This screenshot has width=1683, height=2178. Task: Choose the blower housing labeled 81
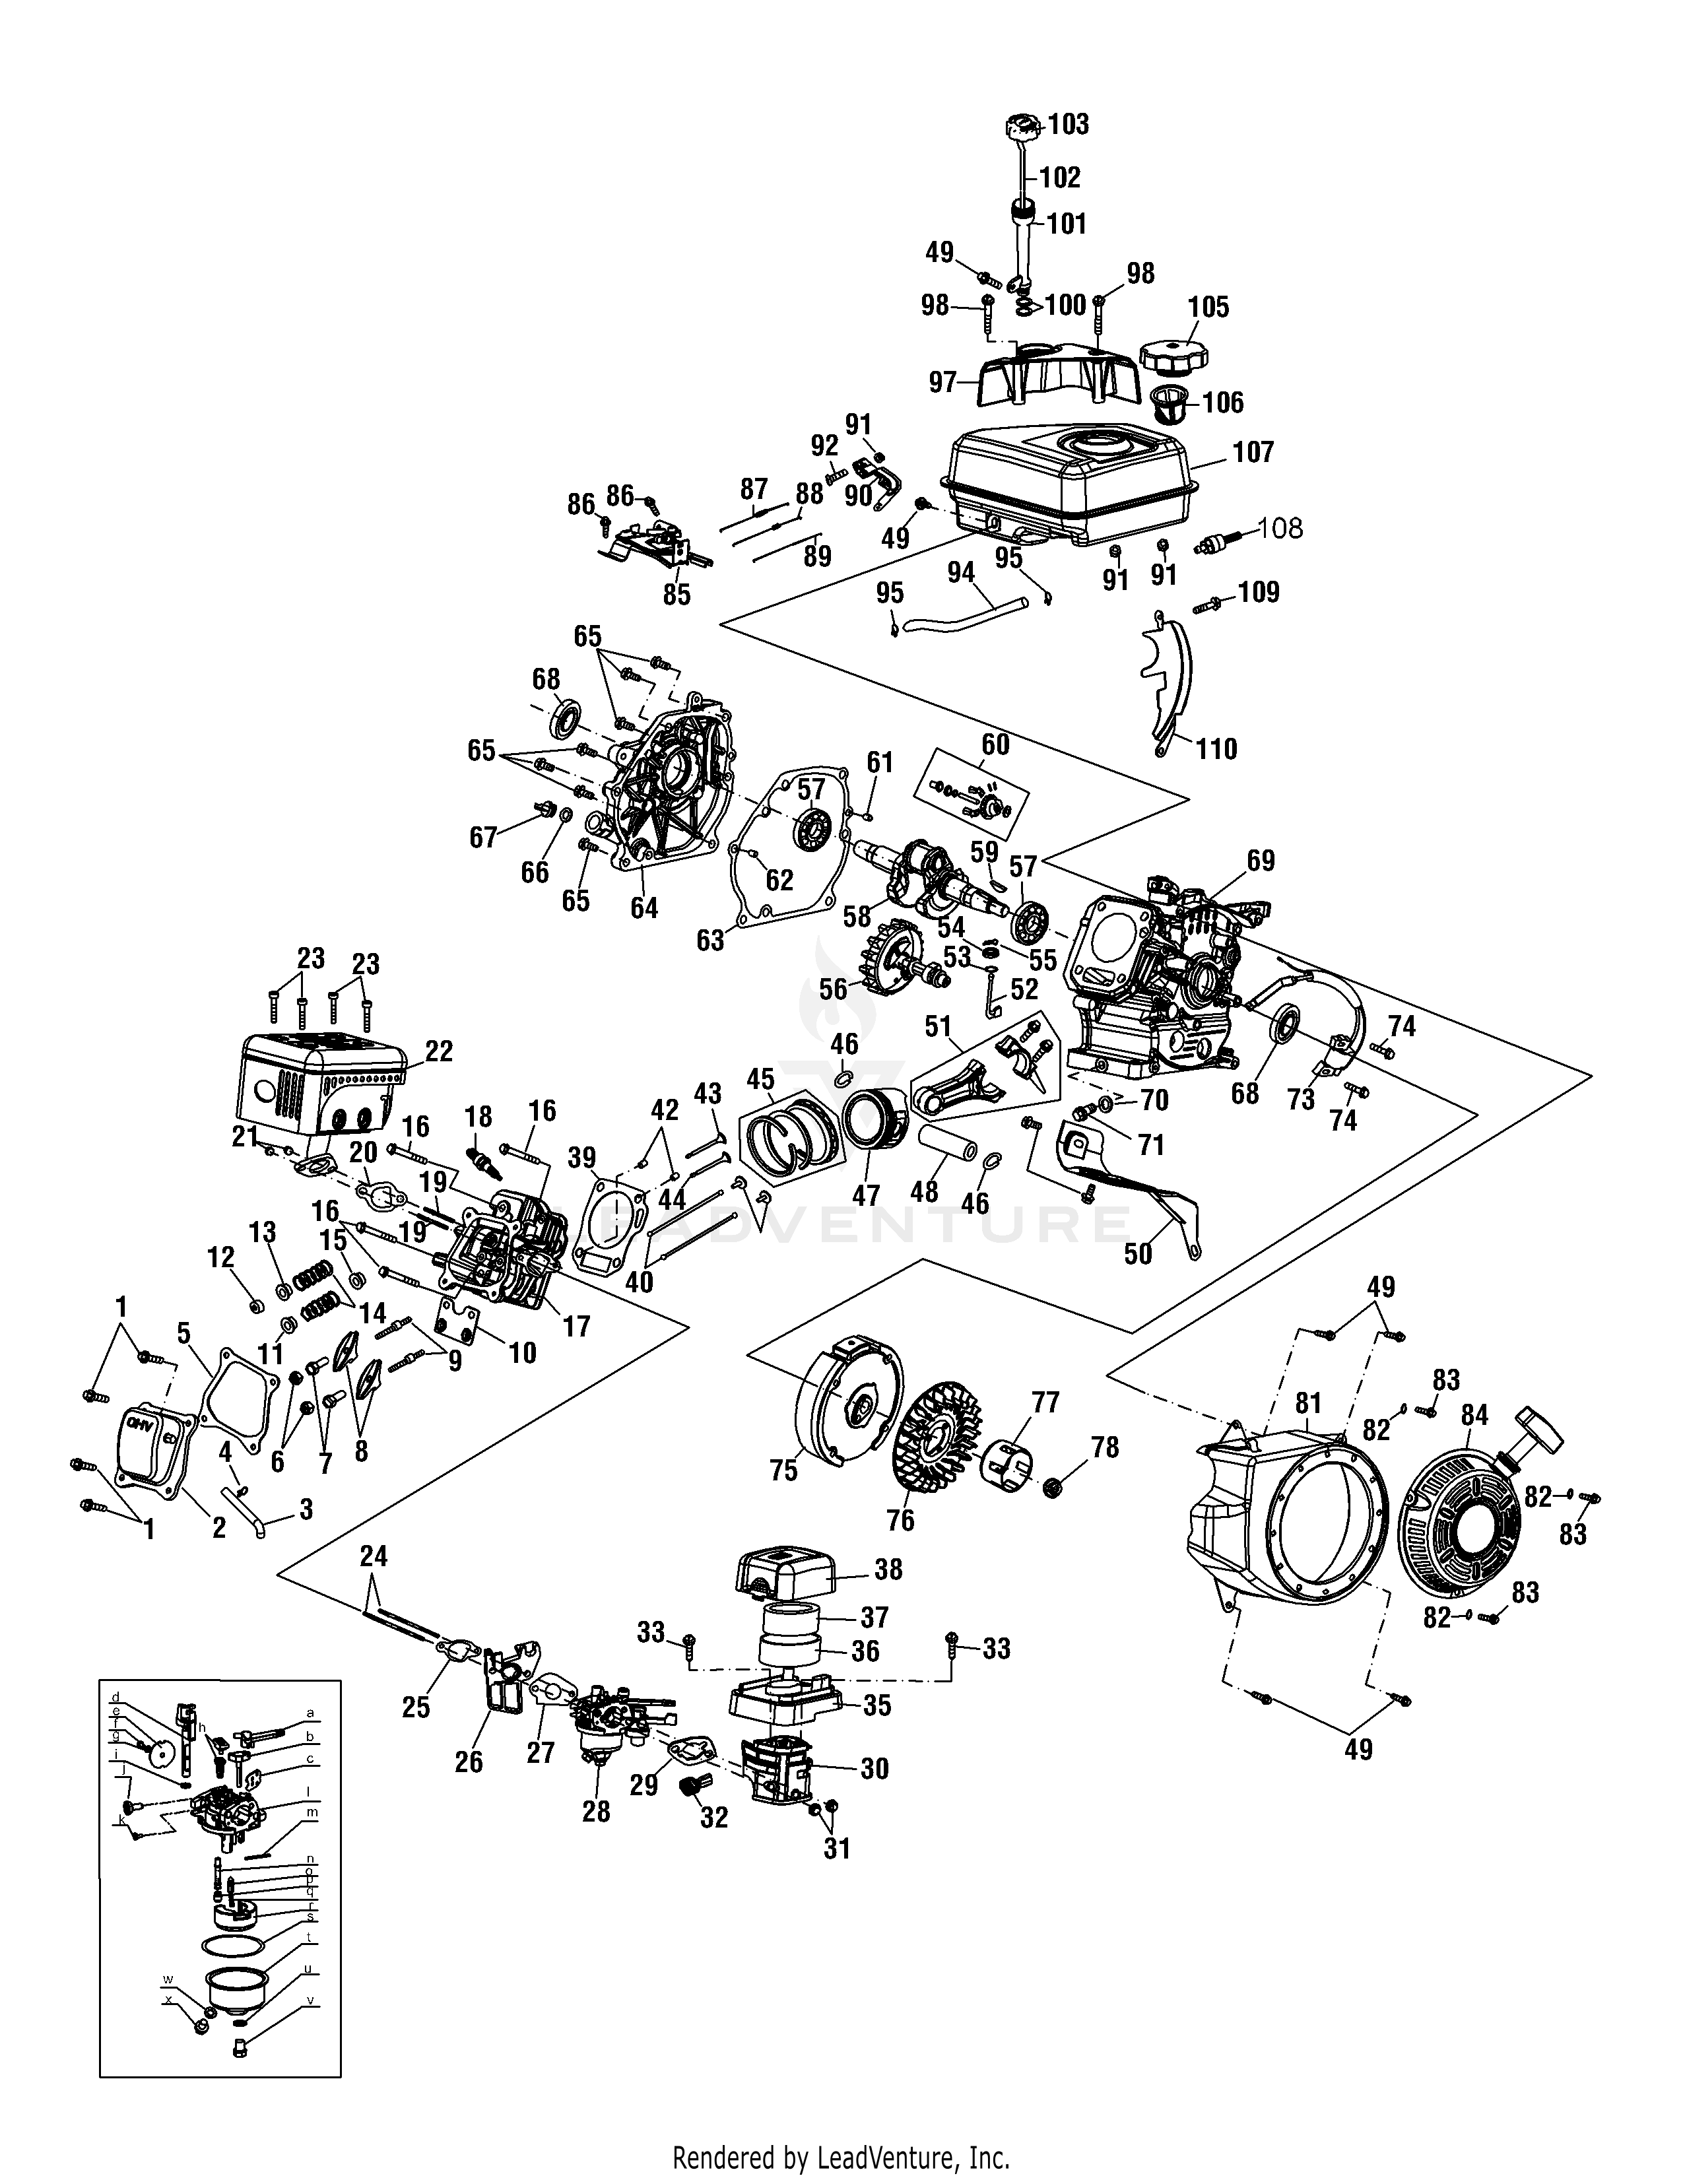click(1286, 1536)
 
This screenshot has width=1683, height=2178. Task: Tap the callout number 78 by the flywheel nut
click(1105, 1447)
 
